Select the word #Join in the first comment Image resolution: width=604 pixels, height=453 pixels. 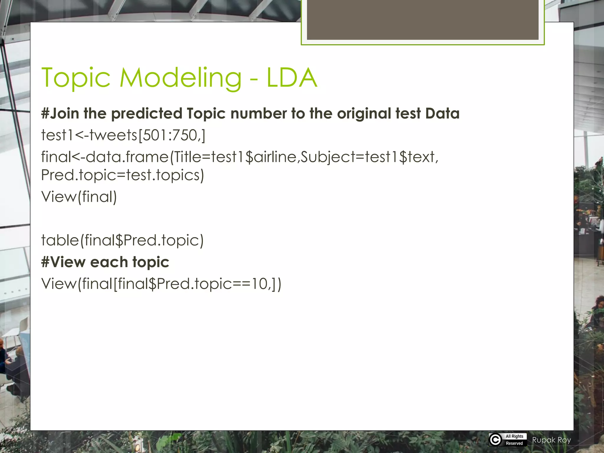(x=60, y=114)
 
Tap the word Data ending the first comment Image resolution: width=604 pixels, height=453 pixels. (x=442, y=114)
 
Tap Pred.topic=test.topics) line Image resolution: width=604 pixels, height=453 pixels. (x=122, y=175)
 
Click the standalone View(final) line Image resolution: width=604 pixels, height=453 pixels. (x=79, y=197)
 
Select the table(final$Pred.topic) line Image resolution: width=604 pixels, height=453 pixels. (x=122, y=240)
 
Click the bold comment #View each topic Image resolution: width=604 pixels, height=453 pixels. (x=105, y=262)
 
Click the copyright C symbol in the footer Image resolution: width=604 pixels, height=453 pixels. (x=495, y=440)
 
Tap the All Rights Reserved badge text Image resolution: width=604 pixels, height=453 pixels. (x=514, y=440)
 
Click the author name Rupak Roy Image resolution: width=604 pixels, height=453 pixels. (x=552, y=440)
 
